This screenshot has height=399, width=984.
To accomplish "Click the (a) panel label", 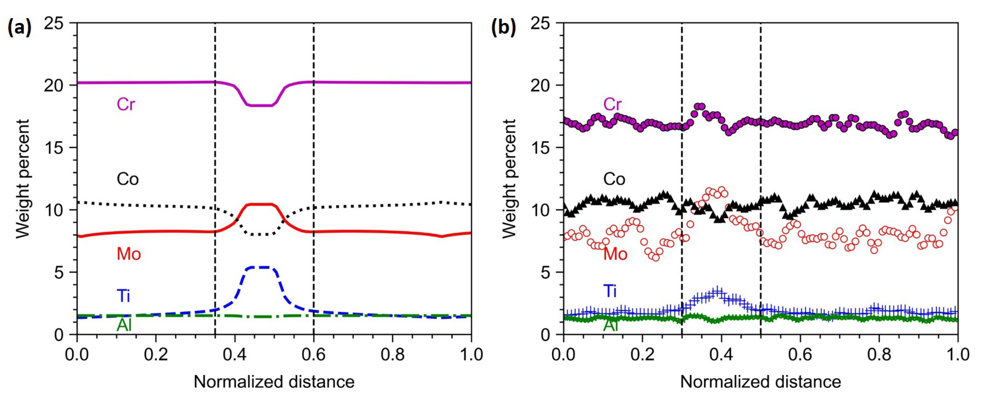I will coord(19,28).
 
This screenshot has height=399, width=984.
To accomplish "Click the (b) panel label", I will coord(503,28).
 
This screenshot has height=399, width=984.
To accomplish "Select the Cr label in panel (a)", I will coord(126,104).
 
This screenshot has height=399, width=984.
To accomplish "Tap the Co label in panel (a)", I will coord(128,179).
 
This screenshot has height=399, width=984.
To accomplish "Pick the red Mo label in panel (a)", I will coord(129,254).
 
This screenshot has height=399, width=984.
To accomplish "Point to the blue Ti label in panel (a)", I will coord(124,296).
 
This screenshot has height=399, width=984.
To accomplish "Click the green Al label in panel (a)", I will coord(124,325).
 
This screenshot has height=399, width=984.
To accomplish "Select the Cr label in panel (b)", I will coord(612,104).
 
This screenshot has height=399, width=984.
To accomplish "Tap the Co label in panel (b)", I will coord(614,179).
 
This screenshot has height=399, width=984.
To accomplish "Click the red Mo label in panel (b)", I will coord(615,254).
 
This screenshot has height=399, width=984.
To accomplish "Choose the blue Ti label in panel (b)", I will coord(610,291).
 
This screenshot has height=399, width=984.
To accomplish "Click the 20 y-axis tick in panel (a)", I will coord(54,85).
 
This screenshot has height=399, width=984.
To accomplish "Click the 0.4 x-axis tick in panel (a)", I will coord(235,355).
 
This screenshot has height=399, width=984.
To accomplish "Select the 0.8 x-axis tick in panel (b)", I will coord(879,355).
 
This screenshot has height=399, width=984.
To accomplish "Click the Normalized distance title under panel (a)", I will coord(274,382).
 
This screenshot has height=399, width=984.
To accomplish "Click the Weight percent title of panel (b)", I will coord(509,179).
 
